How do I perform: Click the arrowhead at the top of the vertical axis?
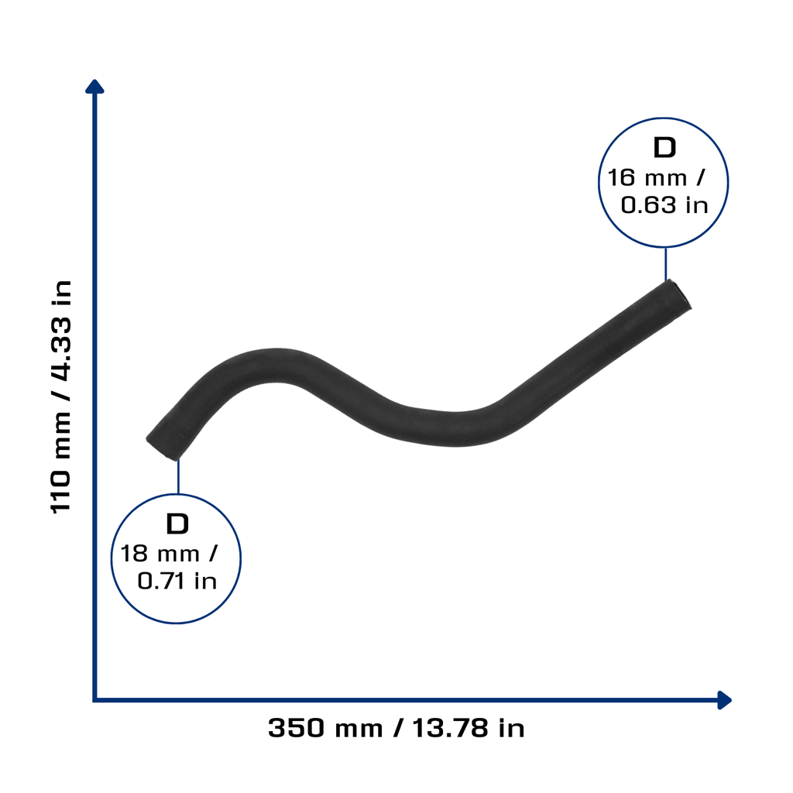pyautogui.click(x=94, y=86)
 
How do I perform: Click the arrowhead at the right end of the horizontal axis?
pyautogui.click(x=725, y=700)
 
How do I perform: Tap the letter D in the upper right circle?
pyautogui.click(x=664, y=148)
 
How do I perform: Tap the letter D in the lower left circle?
pyautogui.click(x=177, y=524)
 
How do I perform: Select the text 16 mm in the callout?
pyautogui.click(x=647, y=178)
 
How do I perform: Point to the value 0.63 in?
pyautogui.click(x=664, y=205)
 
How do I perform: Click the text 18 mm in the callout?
pyautogui.click(x=160, y=554)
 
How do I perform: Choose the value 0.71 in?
pyautogui.click(x=177, y=581)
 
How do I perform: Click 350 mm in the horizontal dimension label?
pyautogui.click(x=325, y=728)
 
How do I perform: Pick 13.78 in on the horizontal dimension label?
pyautogui.click(x=469, y=728)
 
